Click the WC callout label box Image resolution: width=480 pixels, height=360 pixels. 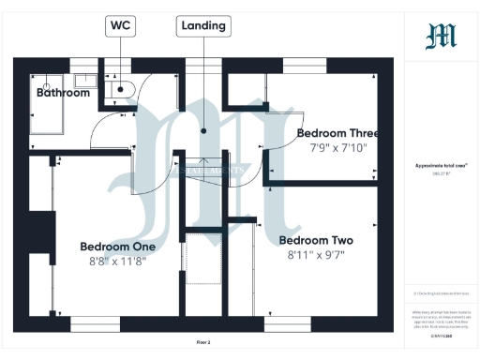pos(121,25)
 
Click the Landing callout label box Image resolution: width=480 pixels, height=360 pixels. pos(202,25)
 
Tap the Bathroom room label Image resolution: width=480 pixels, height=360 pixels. pos(63,93)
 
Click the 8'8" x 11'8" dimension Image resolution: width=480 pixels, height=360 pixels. pos(117,263)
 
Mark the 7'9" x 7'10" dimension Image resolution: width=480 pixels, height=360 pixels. pos(335,147)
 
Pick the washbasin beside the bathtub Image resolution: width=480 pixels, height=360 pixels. pos(85,81)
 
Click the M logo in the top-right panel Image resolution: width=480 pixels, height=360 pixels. pos(441,37)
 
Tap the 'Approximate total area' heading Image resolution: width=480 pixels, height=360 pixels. pos(441,165)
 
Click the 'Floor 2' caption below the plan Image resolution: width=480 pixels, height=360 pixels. pos(202,342)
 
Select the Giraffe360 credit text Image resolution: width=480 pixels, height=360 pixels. pos(441,335)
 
